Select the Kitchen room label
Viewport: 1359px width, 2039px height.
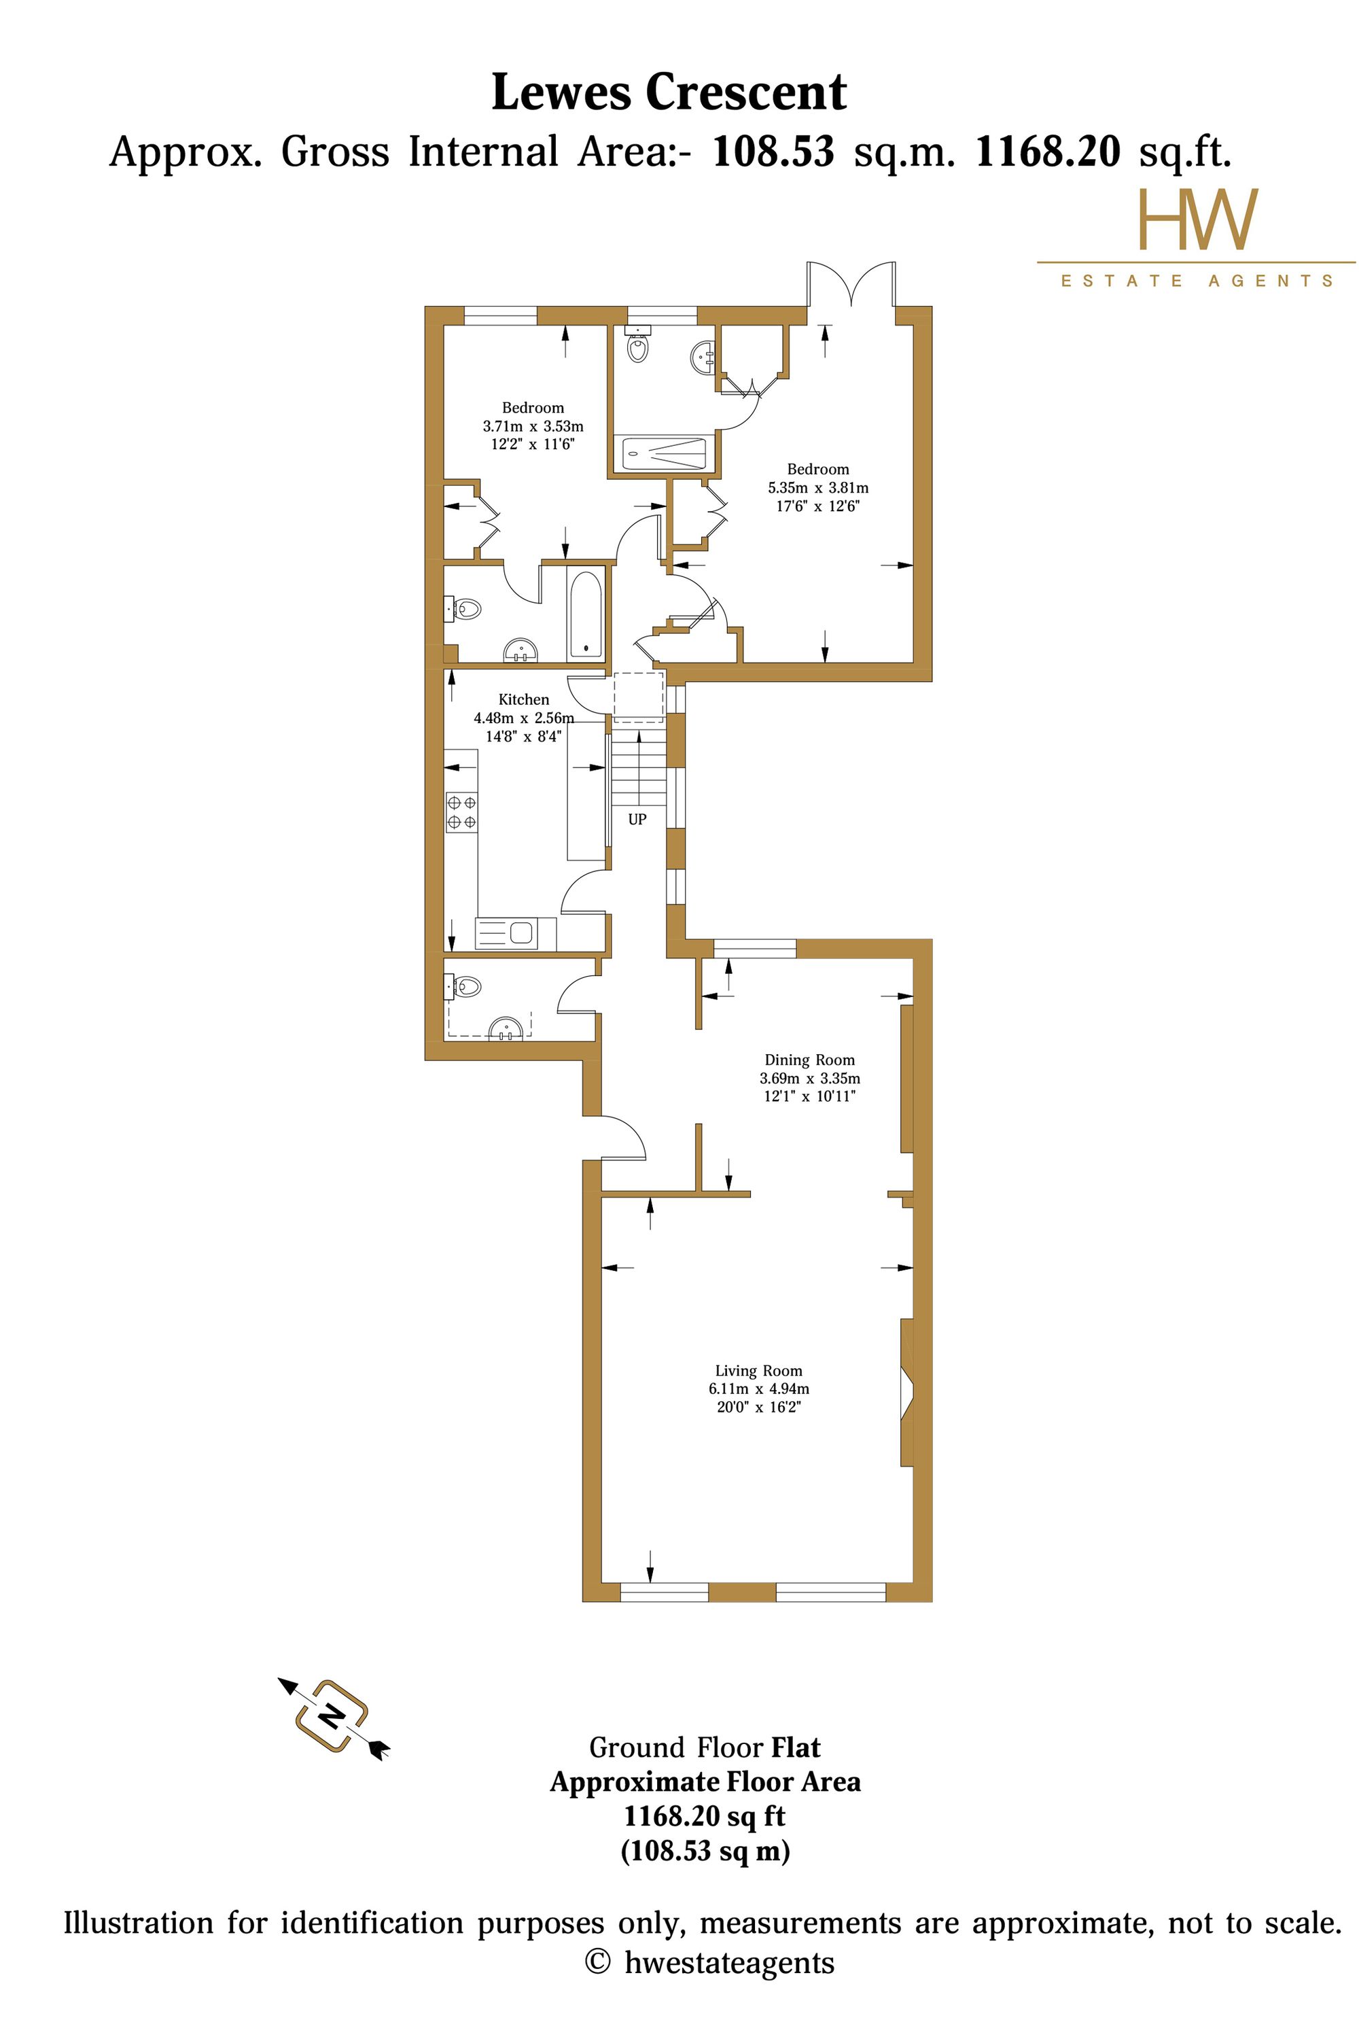(523, 699)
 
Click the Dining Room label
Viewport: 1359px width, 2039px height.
(809, 1060)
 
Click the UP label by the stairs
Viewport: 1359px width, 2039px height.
(637, 818)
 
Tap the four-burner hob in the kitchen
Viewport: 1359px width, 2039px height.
(461, 812)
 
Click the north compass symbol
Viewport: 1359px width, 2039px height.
(333, 1715)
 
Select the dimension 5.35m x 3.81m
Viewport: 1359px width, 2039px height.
(818, 488)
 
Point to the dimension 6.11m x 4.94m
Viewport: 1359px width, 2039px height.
(758, 1389)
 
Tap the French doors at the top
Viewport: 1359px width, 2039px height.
(852, 283)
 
